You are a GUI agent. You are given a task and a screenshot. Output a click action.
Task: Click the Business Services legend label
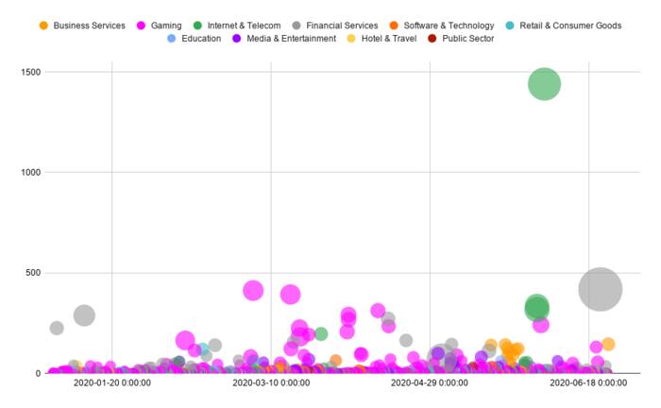pos(89,25)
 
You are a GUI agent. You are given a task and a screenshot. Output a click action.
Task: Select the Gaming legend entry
pos(166,25)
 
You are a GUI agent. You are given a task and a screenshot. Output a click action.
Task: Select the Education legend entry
pos(201,39)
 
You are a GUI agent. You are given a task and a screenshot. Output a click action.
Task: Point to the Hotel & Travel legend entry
pos(390,39)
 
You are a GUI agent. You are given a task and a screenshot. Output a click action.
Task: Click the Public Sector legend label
pos(469,39)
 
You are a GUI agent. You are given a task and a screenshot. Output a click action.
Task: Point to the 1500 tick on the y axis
pos(29,72)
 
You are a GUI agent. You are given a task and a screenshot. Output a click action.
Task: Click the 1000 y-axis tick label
pos(29,172)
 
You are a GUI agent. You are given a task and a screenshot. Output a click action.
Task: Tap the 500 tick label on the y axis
pos(33,273)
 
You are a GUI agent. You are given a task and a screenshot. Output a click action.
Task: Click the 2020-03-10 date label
pos(271,383)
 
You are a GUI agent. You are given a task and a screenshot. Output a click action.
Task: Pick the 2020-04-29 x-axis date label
pos(430,383)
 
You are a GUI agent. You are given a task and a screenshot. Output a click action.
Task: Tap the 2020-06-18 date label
pos(588,383)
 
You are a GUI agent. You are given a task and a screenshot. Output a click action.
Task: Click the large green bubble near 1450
pos(544,84)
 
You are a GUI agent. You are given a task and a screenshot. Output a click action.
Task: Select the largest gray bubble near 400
pos(600,290)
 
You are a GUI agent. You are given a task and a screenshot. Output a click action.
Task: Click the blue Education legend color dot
pos(171,39)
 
